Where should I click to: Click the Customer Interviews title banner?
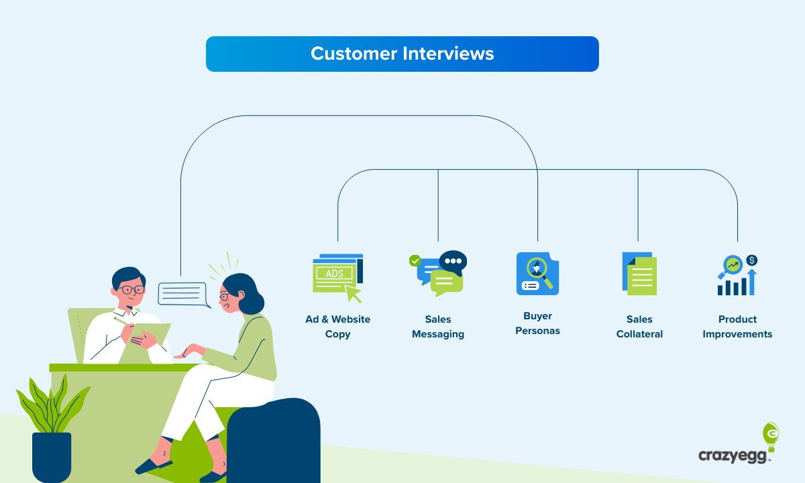coord(402,54)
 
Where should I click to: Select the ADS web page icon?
coord(337,276)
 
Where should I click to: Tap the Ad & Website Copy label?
coord(337,327)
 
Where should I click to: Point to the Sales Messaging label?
coord(438,327)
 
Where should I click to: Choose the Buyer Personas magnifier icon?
coord(537,274)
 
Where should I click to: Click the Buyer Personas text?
coord(537,323)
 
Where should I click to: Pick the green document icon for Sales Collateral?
coord(640,274)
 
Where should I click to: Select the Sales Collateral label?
coord(639,327)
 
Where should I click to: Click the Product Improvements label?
coord(737,327)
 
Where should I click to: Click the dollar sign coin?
coord(751,260)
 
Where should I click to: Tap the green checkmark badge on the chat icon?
coord(415,260)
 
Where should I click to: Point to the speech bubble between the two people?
coord(182,294)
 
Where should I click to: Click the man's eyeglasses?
coord(132,290)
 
